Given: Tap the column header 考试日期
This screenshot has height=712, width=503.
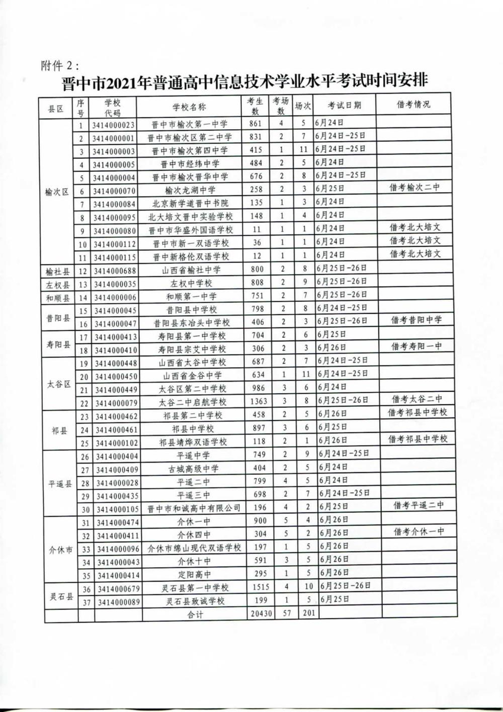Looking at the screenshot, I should click(x=345, y=106).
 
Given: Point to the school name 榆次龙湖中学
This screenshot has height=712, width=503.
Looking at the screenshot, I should click(x=190, y=190).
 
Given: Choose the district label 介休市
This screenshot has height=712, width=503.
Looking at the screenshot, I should click(x=61, y=550).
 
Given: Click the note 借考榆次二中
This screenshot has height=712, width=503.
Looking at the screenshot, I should click(x=415, y=188).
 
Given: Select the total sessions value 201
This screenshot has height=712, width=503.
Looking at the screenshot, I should click(x=308, y=613).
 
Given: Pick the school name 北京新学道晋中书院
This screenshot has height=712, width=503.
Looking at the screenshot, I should click(x=190, y=203).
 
